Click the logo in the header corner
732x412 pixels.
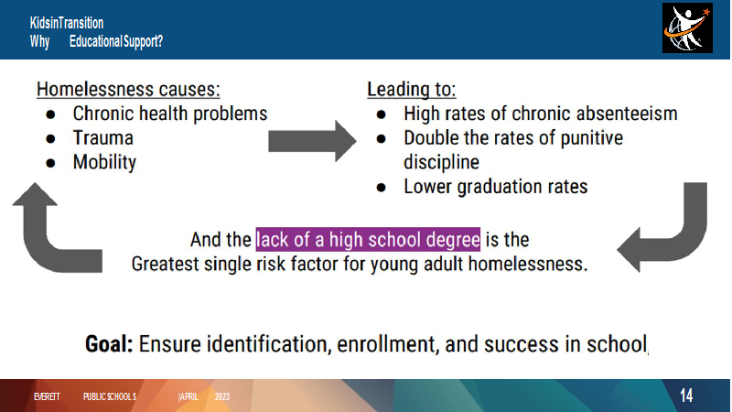(687, 28)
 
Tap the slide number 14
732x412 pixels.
(685, 396)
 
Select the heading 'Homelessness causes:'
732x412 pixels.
(128, 89)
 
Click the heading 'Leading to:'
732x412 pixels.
(411, 89)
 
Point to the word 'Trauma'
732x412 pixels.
(103, 138)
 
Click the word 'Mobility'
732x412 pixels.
(104, 162)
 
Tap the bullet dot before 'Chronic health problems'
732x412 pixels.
(50, 114)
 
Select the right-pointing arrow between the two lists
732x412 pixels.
(312, 141)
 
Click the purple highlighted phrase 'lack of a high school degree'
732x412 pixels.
(368, 240)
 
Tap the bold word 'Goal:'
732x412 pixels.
(109, 344)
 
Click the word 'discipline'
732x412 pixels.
(441, 162)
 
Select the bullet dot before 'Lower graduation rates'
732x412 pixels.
(381, 188)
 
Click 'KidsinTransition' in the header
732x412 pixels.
(67, 23)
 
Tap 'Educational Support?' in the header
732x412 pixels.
(116, 41)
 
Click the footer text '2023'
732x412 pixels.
(222, 396)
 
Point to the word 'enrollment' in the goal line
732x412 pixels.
(388, 344)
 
